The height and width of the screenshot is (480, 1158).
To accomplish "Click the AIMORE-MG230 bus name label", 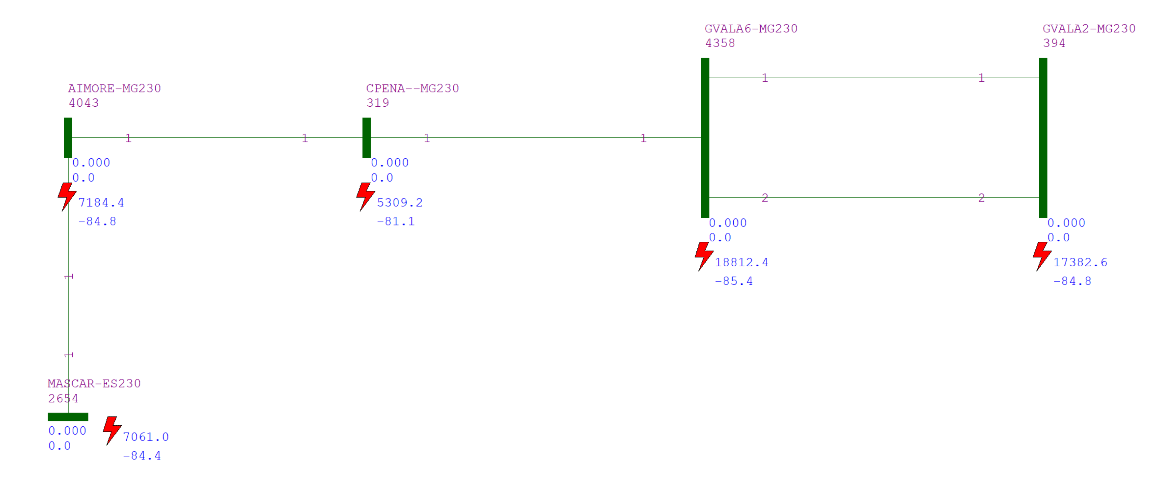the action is [x=114, y=88].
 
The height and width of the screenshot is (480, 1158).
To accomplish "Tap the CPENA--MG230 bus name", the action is [x=412, y=88].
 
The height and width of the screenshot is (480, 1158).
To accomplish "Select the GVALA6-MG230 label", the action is [x=751, y=28].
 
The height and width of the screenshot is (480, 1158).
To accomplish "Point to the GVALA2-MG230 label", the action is [x=1089, y=28].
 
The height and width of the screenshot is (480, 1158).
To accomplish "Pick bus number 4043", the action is [x=84, y=103].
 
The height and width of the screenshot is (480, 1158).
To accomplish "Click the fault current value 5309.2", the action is [x=400, y=203].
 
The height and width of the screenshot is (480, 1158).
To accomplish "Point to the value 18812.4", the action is [x=741, y=262].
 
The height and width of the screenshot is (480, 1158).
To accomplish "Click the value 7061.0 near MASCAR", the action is [x=146, y=437].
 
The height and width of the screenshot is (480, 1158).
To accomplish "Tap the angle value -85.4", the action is [x=734, y=281].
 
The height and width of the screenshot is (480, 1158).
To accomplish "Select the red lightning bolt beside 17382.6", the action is [x=1042, y=256].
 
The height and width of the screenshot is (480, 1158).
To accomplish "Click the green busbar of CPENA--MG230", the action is [x=367, y=137].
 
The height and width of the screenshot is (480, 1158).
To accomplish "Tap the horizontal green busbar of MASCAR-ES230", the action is [x=68, y=417].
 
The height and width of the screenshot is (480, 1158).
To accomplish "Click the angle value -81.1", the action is [x=396, y=221].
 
